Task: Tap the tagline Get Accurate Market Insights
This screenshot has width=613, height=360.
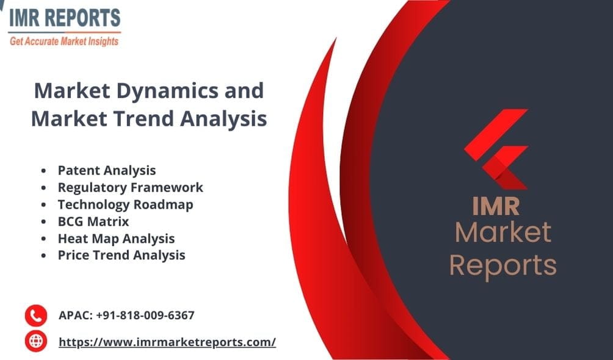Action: point(64,41)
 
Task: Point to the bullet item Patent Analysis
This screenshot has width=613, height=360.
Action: point(107,170)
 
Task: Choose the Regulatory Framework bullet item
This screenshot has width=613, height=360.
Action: point(130,187)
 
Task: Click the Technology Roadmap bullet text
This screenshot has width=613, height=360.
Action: point(125,204)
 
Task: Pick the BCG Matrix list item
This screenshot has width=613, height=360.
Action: point(93,221)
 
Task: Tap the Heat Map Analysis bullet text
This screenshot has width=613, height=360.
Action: point(116,239)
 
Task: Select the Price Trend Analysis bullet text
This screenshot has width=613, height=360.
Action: point(122,255)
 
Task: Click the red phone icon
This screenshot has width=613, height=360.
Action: point(35,315)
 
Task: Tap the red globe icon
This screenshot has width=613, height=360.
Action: point(35,341)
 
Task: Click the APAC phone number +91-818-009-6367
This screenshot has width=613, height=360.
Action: point(126,315)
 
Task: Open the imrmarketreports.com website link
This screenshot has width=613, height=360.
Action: point(167,342)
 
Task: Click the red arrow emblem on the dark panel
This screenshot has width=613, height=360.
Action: point(496,149)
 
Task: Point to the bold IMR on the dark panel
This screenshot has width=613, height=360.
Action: point(496,206)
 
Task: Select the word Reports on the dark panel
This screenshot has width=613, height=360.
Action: point(502,265)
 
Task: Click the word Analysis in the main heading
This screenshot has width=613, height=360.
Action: point(222,118)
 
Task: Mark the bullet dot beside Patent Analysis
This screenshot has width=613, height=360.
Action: point(43,171)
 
